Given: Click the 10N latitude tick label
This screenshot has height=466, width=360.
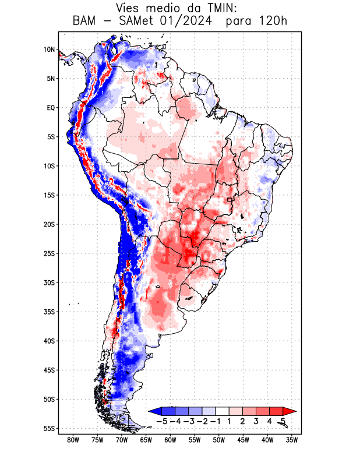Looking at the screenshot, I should [x=49, y=50].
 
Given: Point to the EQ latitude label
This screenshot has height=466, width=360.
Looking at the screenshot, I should [x=51, y=108].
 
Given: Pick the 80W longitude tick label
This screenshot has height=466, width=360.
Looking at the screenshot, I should [x=73, y=440].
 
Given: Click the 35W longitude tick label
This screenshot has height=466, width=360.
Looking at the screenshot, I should [x=292, y=440].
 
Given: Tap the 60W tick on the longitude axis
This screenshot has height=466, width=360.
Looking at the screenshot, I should [x=171, y=440].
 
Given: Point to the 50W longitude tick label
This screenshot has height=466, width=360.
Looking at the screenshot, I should [x=219, y=440].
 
